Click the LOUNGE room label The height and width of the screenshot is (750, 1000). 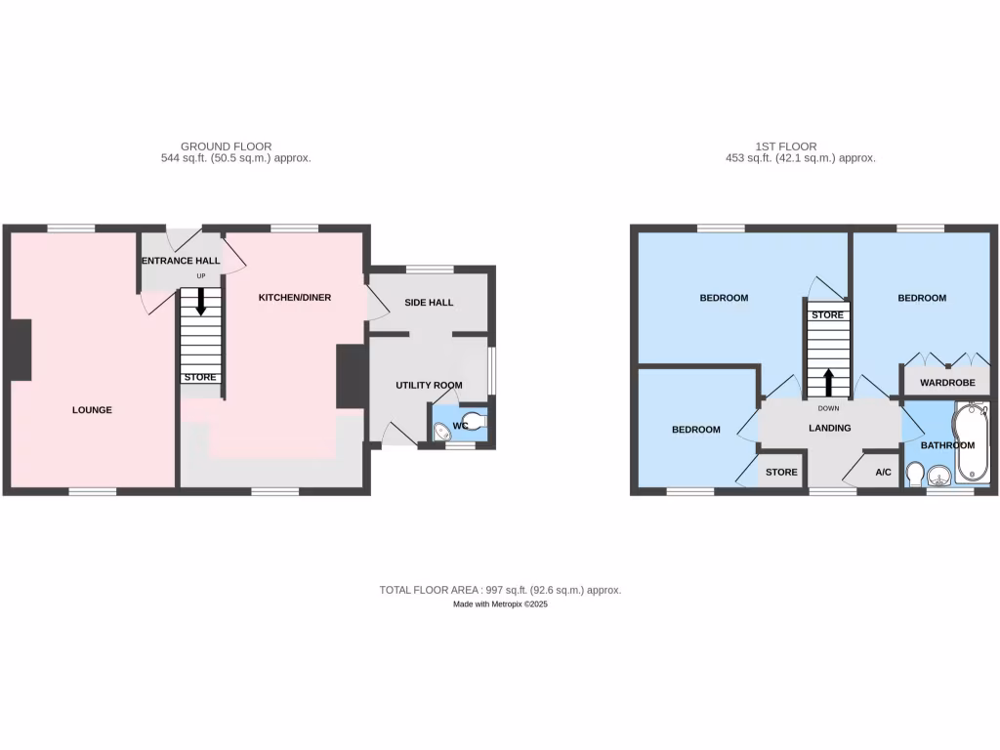tap(92, 410)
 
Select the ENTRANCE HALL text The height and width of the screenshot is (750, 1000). tap(180, 261)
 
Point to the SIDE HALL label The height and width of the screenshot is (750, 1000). tap(429, 303)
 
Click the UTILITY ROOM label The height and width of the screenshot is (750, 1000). tap(429, 386)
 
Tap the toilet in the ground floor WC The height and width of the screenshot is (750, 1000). tap(472, 423)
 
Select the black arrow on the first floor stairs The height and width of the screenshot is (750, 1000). tap(828, 381)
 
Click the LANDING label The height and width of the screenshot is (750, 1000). tap(829, 428)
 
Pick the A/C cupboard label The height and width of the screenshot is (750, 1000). tap(883, 473)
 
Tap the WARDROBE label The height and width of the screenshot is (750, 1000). tap(947, 383)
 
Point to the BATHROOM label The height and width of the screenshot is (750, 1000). tap(947, 445)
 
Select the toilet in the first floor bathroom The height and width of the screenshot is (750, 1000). tap(915, 475)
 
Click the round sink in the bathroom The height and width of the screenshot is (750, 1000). tap(939, 477)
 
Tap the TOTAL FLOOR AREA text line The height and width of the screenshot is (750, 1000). tap(500, 590)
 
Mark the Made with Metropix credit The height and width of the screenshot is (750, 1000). tap(500, 604)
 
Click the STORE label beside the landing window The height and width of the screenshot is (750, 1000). tap(781, 473)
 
